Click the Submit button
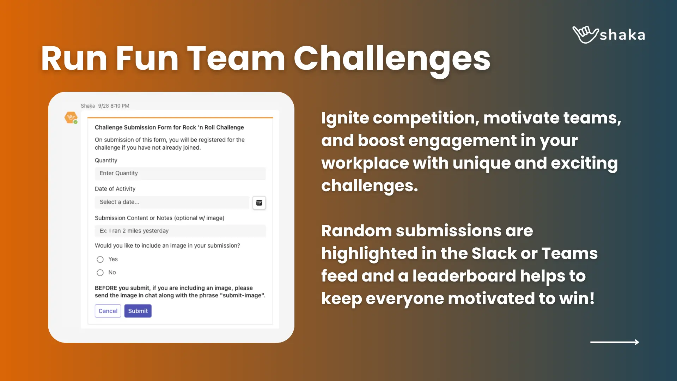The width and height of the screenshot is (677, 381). pyautogui.click(x=138, y=311)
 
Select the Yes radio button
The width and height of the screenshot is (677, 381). pyautogui.click(x=100, y=260)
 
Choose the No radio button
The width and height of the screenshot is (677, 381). pyautogui.click(x=100, y=273)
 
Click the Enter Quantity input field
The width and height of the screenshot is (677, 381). pyautogui.click(x=180, y=173)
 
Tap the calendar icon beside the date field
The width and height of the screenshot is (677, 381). pyautogui.click(x=259, y=203)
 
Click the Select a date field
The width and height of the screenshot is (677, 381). pyautogui.click(x=172, y=202)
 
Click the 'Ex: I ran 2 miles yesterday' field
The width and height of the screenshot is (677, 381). pyautogui.click(x=180, y=231)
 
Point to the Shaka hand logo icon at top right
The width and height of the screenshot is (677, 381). pyautogui.click(x=585, y=35)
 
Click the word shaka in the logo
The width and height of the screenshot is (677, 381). pyautogui.click(x=622, y=35)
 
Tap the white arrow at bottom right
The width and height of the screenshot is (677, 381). pyautogui.click(x=615, y=342)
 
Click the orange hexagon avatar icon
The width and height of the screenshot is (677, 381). pyautogui.click(x=71, y=117)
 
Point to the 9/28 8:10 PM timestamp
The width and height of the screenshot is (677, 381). pyautogui.click(x=114, y=106)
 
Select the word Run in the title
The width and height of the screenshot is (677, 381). pyautogui.click(x=74, y=59)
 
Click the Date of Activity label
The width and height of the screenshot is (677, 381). pyautogui.click(x=115, y=189)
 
